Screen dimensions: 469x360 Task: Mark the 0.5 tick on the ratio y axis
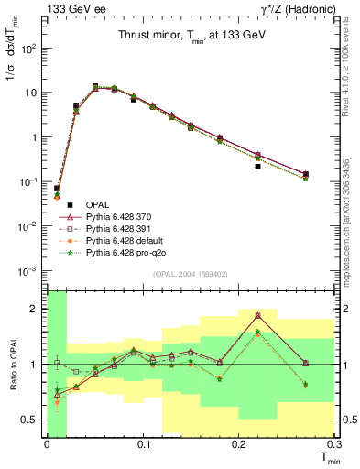33,420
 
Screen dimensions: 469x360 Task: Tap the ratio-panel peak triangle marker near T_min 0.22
258,314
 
